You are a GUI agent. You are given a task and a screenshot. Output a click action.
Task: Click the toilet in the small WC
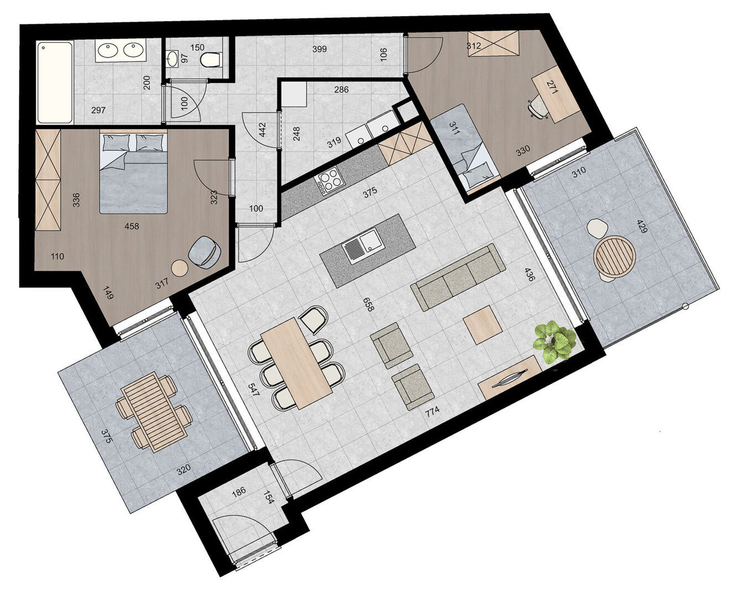[210, 59]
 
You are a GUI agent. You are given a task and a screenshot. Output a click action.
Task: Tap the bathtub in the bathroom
[55, 83]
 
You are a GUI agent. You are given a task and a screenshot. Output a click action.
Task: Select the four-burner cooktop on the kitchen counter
[329, 181]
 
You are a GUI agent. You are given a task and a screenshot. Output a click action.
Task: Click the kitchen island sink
[362, 245]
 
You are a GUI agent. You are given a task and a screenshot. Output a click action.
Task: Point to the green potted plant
[554, 341]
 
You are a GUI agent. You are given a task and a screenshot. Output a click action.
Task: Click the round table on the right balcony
[614, 256]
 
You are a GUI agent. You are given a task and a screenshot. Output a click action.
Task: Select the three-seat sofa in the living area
[458, 276]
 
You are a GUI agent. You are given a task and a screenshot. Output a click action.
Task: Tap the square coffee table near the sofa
[483, 325]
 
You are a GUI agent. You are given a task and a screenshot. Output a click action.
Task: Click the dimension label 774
[432, 412]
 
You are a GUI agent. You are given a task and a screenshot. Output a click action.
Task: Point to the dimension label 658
[370, 305]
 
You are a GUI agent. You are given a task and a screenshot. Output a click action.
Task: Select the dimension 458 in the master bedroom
[132, 226]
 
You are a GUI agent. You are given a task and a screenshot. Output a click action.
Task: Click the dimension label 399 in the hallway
[319, 49]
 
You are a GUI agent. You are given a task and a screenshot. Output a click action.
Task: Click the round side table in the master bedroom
[180, 268]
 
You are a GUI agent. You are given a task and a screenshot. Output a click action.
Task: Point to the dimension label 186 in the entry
[239, 492]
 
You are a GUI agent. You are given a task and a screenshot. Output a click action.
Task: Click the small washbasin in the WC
[173, 59]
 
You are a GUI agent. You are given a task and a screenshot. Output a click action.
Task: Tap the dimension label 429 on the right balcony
[642, 226]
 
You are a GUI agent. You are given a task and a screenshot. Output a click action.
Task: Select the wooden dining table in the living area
[296, 363]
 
